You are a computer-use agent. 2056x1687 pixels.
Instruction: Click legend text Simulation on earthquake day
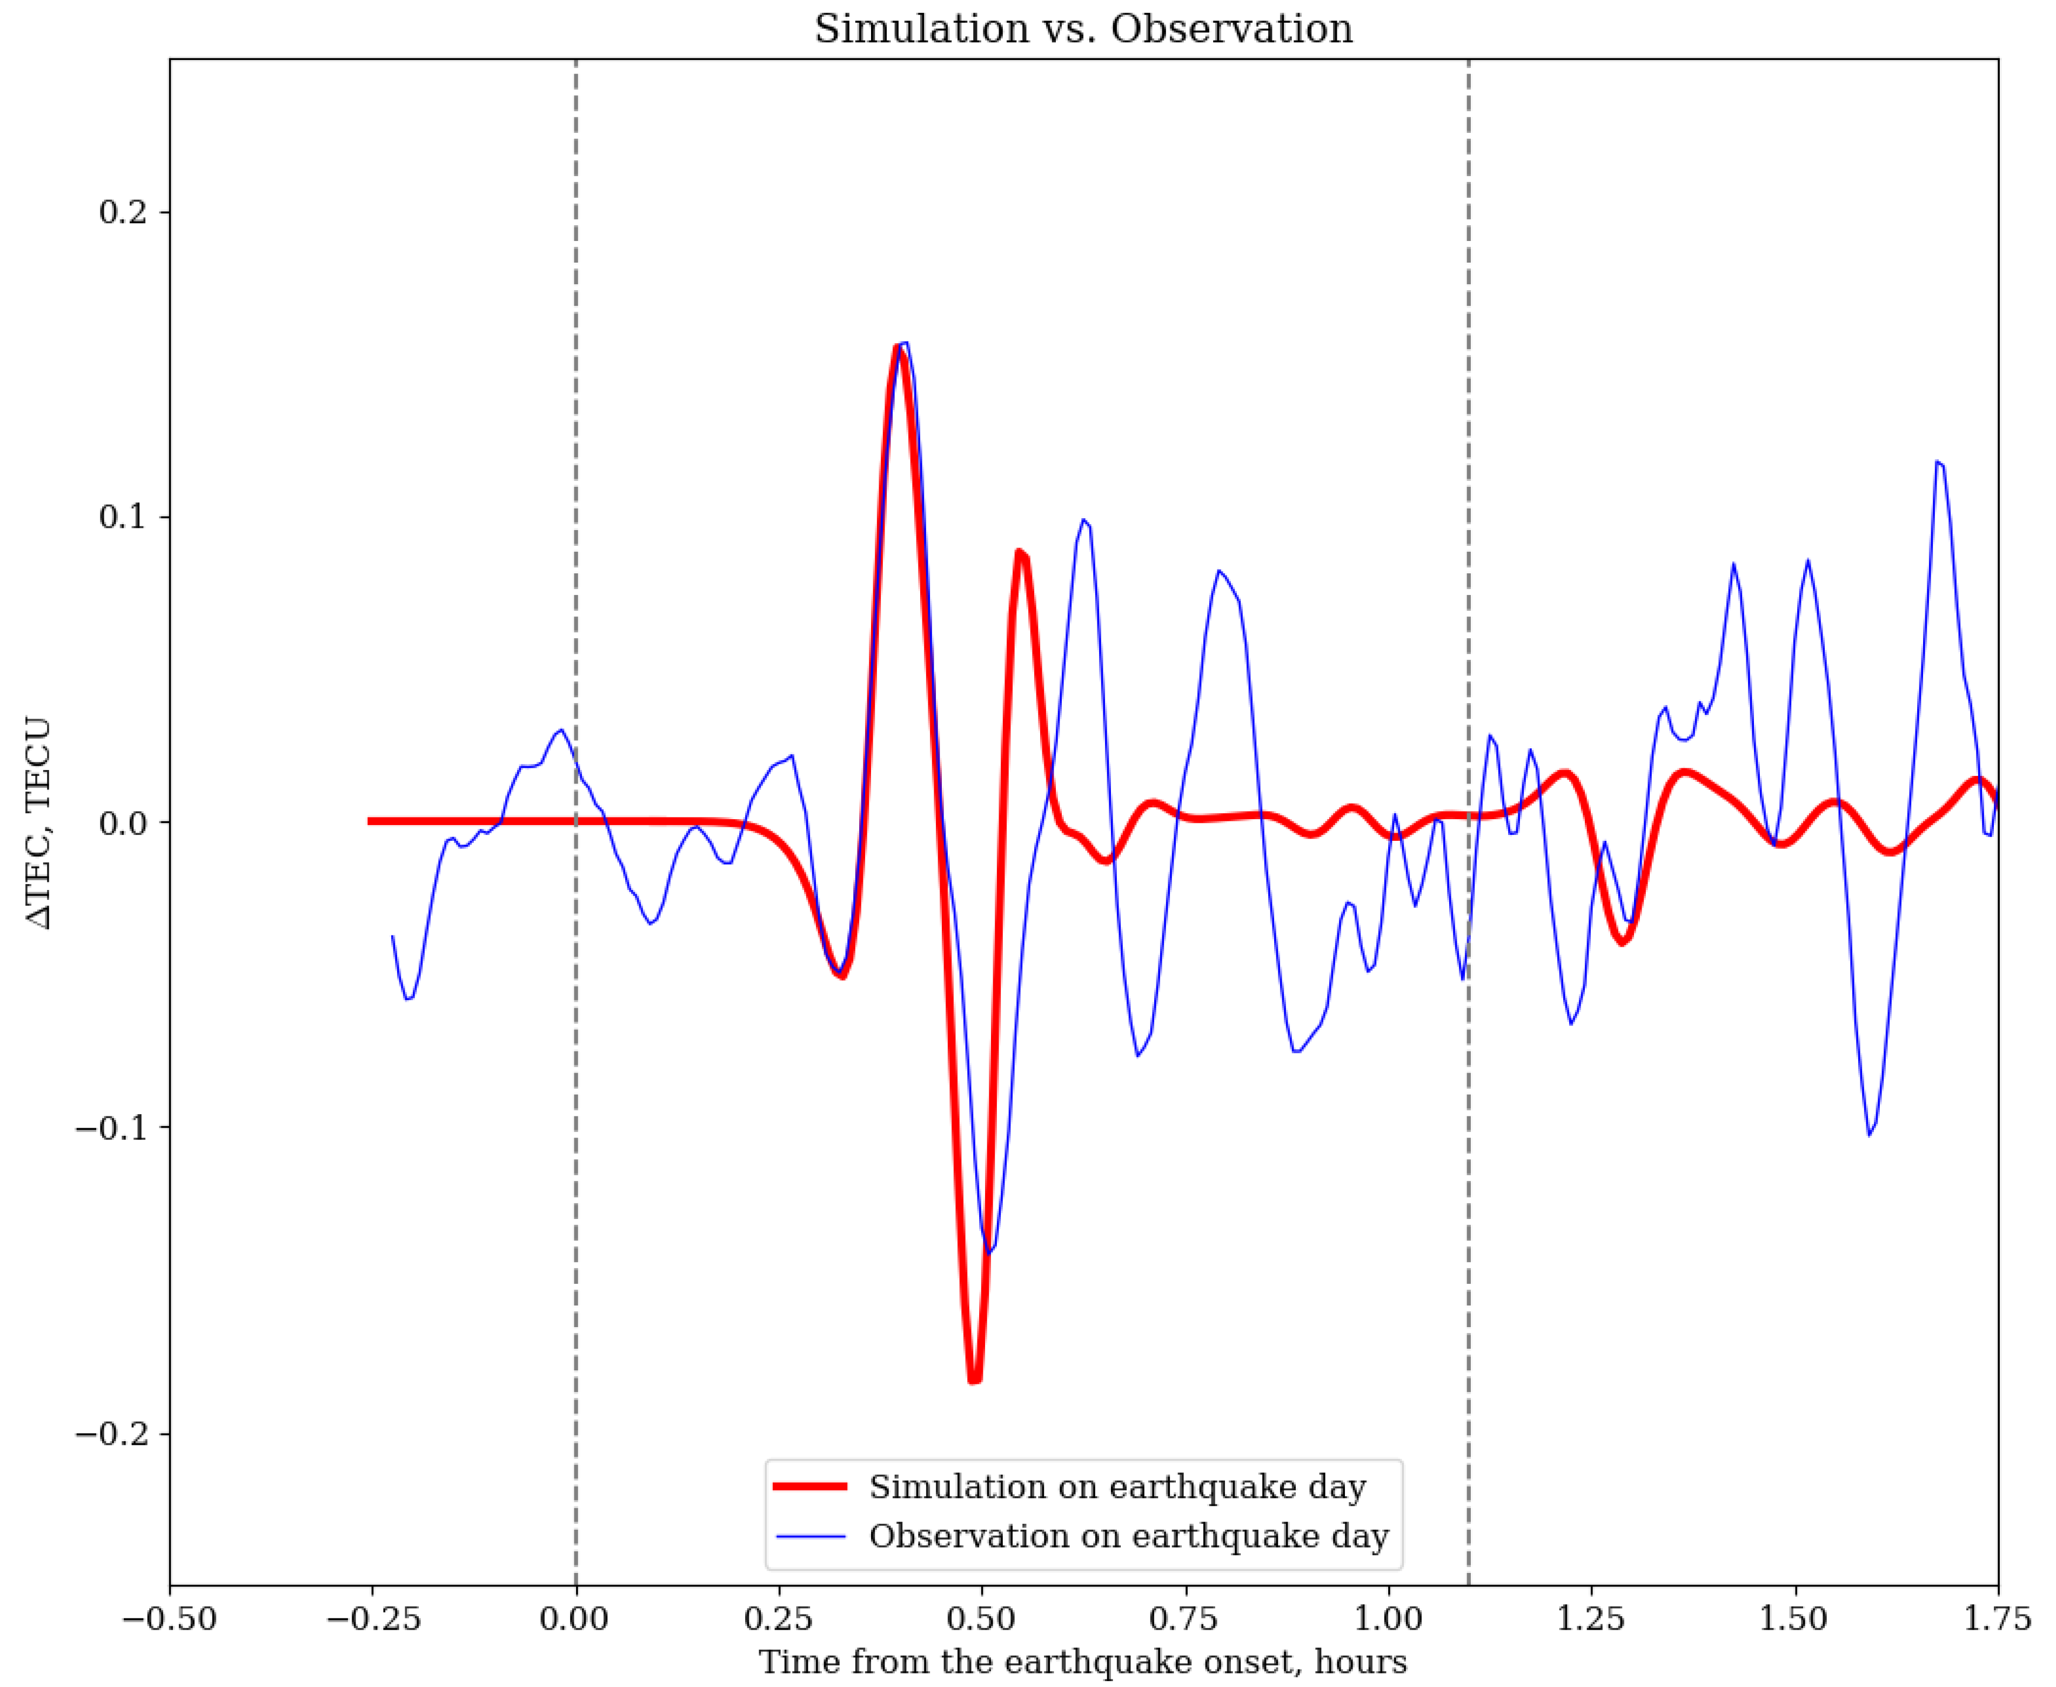(1117, 1487)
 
